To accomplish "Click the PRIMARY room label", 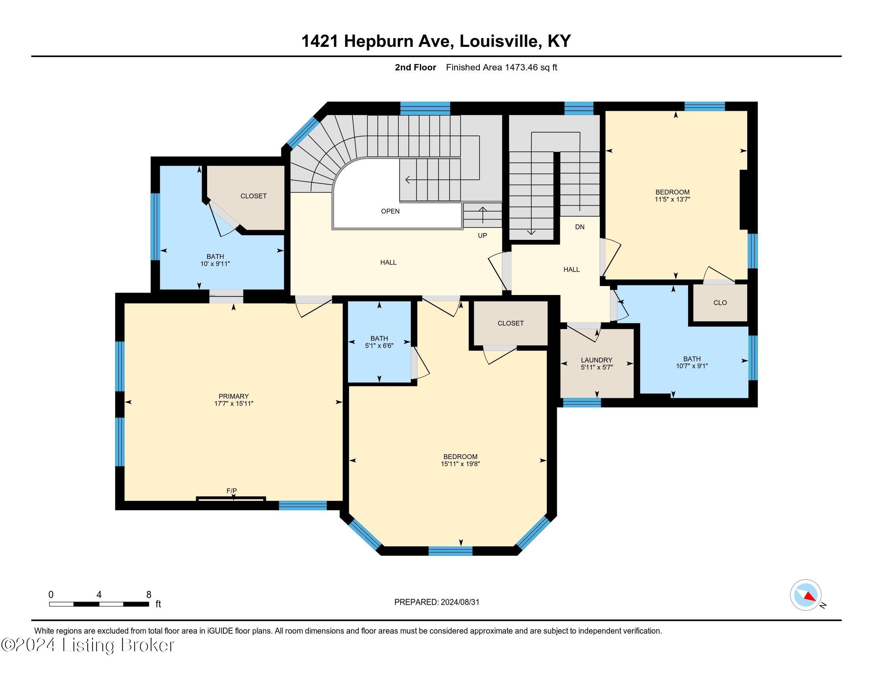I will coord(233,396).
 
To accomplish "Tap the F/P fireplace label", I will coord(231,491).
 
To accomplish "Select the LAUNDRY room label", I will coord(596,360).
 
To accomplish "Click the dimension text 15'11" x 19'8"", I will coord(460,464).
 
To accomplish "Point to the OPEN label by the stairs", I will coord(390,211).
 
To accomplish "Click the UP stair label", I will coord(483,235).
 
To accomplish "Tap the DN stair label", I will coord(580,227).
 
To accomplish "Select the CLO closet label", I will coord(720,303).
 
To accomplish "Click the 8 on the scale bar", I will coord(149,594).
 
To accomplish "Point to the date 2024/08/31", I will coord(459,602).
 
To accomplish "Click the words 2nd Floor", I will coord(415,67).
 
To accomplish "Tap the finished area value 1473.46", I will coord(521,67).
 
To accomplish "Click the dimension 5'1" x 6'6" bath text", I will coord(379,345).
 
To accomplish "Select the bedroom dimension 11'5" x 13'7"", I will coord(672,199).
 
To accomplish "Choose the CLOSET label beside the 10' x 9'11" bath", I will coord(254,196).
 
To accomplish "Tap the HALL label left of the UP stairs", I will coord(388,262).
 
